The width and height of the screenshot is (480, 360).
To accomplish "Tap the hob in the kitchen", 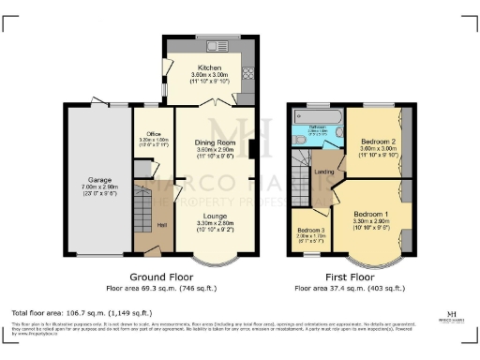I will (248, 73).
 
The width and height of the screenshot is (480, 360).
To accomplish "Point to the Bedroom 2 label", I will (378, 142).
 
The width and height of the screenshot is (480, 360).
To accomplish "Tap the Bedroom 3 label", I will (310, 231).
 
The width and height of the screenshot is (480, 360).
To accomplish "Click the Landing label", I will (324, 172).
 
